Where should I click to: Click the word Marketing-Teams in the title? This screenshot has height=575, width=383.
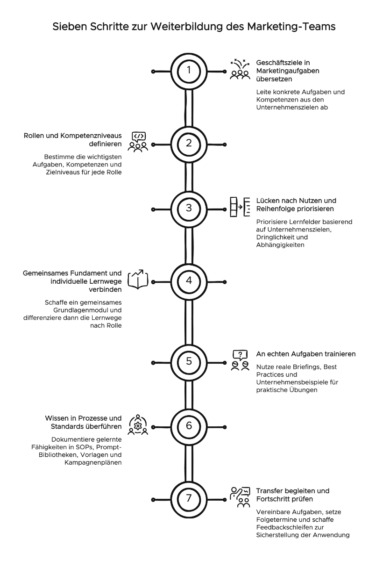pos(291,27)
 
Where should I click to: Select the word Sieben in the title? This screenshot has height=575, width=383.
pos(69,27)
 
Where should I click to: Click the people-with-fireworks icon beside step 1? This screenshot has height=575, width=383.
pos(240,69)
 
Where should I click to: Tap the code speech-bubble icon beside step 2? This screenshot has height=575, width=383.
pos(138,142)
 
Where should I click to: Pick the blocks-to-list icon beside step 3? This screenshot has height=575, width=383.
pos(240,207)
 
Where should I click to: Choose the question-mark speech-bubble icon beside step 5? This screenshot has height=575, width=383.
pos(240,360)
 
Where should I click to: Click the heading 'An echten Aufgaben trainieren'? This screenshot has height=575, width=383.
pos(306,354)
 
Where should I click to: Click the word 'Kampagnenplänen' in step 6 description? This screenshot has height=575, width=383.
pos(93,462)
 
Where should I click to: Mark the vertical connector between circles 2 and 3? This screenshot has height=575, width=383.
pos(189,177)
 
